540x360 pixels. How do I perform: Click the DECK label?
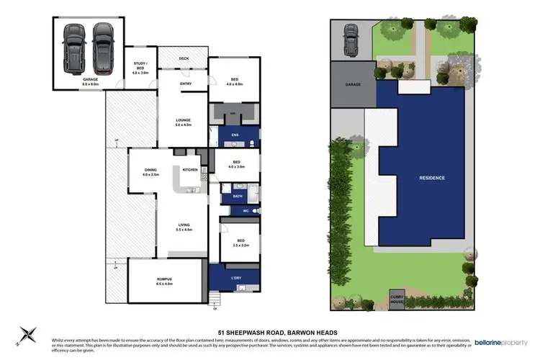tap(183, 58)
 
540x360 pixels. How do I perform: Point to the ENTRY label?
tap(186, 84)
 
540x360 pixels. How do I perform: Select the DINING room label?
tap(149, 171)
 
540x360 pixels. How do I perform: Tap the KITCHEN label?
tap(190, 169)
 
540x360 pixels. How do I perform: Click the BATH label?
tap(238, 195)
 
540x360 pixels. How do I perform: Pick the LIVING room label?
tap(184, 226)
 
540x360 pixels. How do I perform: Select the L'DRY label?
tap(236, 278)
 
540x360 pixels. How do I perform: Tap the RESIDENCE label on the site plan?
tap(433, 177)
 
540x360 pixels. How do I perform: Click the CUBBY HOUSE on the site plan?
tap(397, 297)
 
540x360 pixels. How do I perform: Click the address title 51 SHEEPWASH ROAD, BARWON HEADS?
tap(270, 332)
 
